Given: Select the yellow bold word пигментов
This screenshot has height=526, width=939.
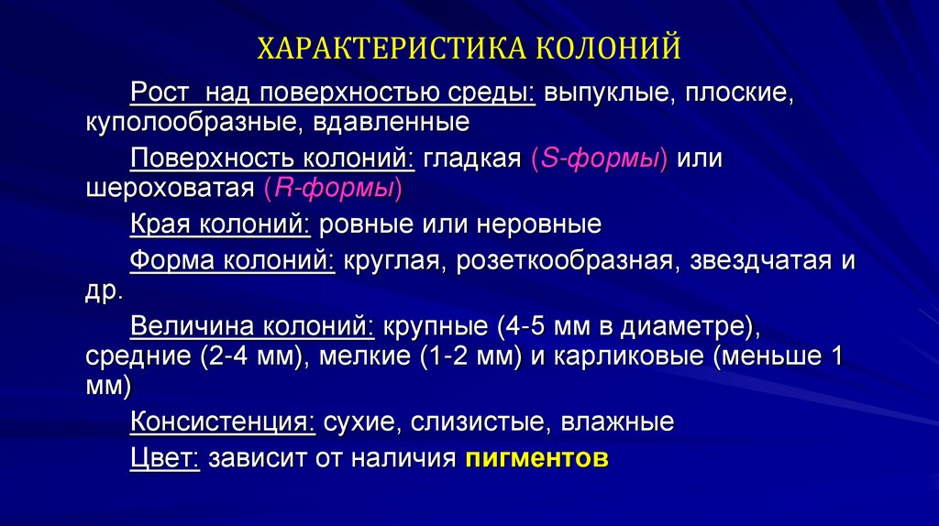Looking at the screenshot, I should pos(536,458).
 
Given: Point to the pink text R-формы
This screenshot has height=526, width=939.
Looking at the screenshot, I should pos(332,190).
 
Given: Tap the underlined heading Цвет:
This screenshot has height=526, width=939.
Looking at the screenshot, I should pos(165,458).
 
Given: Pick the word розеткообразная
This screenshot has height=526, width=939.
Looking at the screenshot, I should pos(569,262).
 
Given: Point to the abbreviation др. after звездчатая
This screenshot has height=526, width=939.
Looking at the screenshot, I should pos(103,293).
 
